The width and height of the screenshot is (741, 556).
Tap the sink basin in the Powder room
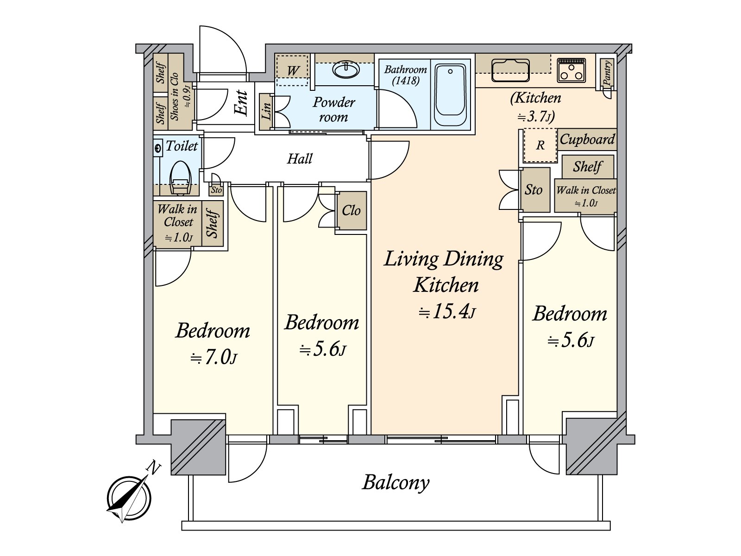345,70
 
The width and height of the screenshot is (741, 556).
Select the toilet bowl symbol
180,177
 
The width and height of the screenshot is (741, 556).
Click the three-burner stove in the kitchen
571,70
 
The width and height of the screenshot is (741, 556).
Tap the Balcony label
396,482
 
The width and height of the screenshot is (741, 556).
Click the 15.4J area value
446,312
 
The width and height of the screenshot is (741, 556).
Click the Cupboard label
587,139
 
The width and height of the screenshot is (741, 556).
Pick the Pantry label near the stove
607,73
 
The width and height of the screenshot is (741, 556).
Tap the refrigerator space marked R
540,145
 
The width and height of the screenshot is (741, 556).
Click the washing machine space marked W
293,70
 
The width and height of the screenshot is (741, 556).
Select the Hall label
300,159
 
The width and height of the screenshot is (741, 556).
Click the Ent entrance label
242,103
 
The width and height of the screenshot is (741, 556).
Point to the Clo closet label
351,211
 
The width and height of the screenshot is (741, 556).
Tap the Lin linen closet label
266,111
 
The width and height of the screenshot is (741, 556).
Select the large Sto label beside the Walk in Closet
534,190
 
